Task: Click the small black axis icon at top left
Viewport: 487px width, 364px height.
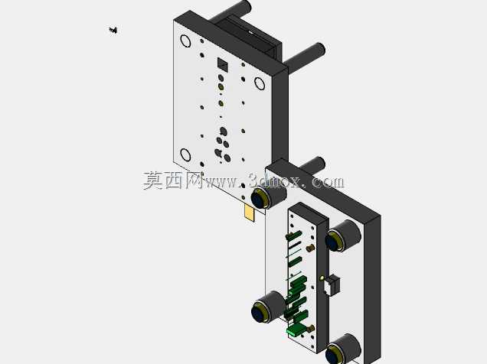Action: pos(113,30)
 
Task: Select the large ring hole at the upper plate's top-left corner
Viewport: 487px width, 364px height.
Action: pos(185,41)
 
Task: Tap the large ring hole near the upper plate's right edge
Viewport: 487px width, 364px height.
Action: pos(260,83)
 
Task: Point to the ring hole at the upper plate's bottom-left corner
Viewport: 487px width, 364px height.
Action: pos(185,154)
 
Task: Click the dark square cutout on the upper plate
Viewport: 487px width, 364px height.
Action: pos(222,64)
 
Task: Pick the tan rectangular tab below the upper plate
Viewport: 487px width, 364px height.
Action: pos(249,213)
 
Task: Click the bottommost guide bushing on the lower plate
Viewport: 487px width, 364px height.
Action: pos(342,349)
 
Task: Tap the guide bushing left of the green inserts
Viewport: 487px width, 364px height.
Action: pos(269,307)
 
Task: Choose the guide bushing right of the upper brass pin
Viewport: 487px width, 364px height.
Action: pos(342,236)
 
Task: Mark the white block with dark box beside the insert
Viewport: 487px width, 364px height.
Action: pos(332,284)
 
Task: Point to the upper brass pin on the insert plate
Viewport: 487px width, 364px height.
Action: pos(310,248)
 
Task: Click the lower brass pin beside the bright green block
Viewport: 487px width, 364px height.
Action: pos(310,328)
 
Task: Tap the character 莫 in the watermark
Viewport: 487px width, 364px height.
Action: pos(153,180)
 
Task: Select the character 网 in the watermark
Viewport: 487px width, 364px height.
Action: pos(194,180)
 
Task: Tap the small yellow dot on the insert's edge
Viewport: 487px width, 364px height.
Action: pos(322,278)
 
